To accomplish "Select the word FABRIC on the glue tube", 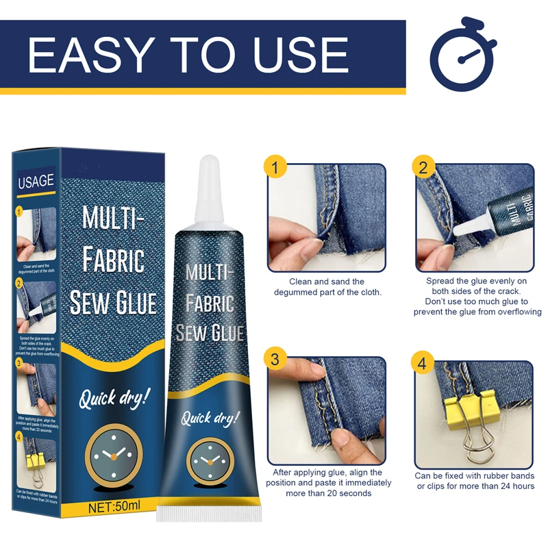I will click(x=211, y=301).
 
